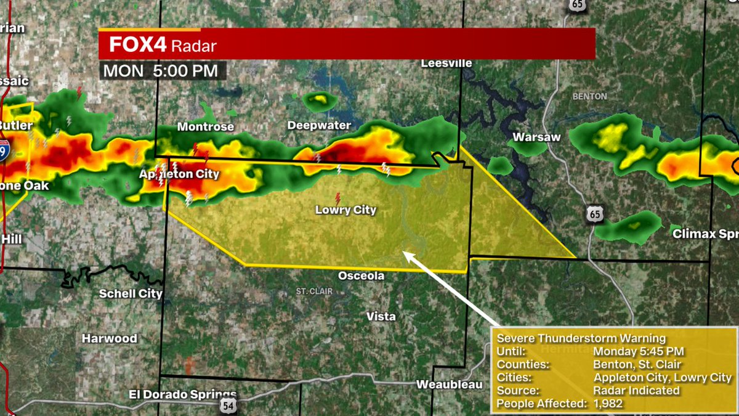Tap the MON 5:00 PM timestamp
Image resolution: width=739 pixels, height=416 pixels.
click(x=160, y=71)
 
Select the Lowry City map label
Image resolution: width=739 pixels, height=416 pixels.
click(x=345, y=210)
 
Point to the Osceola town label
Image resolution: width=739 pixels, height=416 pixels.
click(x=361, y=275)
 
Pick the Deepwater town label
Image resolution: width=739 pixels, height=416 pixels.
click(x=319, y=126)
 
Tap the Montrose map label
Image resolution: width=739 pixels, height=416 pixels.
click(x=206, y=127)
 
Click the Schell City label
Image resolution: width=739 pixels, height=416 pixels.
click(x=131, y=293)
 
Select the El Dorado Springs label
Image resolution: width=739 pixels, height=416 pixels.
click(x=183, y=394)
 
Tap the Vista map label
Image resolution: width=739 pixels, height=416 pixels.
click(x=381, y=316)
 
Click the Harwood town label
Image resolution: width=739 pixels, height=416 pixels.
click(x=110, y=338)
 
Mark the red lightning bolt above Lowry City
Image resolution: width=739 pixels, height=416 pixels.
click(x=337, y=198)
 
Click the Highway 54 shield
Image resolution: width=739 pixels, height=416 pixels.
click(x=227, y=405)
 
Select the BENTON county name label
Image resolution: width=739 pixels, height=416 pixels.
click(x=589, y=96)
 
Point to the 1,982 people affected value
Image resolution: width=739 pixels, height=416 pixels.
click(x=608, y=404)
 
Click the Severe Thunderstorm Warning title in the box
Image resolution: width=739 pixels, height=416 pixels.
click(x=581, y=338)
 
